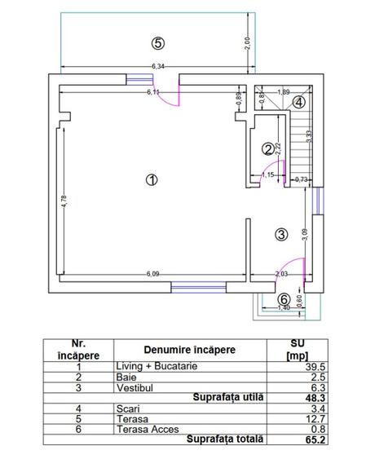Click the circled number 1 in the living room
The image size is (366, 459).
[x=150, y=180]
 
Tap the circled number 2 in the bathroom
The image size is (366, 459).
[x=267, y=148]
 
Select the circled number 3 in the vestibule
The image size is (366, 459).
[x=281, y=235]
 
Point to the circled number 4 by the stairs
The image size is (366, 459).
[x=299, y=102]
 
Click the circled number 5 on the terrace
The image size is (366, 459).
[x=158, y=42]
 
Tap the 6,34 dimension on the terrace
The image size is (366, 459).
[x=158, y=66]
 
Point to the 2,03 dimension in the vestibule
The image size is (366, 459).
[x=282, y=273]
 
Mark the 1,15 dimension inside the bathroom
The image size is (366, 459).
[x=267, y=174]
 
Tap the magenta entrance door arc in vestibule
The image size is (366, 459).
[x=296, y=269]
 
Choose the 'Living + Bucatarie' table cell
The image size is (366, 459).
[x=157, y=367]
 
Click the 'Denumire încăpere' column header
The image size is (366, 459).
[x=190, y=350]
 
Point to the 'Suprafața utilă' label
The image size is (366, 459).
[x=227, y=397]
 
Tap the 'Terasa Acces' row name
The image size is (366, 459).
[x=144, y=427]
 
